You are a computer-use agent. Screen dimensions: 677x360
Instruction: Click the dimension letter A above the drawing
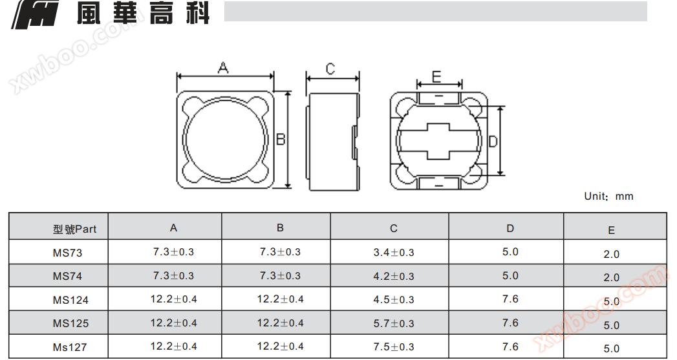click(x=223, y=67)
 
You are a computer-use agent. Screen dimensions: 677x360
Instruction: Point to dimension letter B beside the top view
click(x=281, y=139)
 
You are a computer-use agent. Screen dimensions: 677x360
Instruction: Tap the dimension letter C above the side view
click(x=330, y=69)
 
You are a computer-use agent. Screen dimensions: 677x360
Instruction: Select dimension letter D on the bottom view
click(x=493, y=141)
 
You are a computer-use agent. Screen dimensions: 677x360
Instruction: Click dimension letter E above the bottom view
click(x=436, y=77)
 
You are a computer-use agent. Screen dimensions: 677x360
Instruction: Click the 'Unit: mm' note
click(x=608, y=196)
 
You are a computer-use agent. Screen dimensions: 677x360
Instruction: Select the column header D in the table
click(x=510, y=228)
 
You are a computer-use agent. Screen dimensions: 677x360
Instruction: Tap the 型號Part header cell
click(x=75, y=229)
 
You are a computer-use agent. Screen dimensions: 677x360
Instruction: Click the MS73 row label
click(x=67, y=253)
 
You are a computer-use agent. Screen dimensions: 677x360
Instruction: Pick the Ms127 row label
click(x=70, y=347)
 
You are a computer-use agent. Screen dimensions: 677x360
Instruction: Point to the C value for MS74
click(x=393, y=276)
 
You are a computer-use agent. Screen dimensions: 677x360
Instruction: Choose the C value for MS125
click(x=393, y=323)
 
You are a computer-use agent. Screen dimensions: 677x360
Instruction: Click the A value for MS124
click(x=173, y=299)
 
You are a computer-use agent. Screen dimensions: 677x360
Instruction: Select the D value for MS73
click(x=510, y=251)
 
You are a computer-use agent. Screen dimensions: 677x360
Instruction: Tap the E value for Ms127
click(x=612, y=348)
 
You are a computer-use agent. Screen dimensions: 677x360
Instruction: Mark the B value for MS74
click(x=280, y=275)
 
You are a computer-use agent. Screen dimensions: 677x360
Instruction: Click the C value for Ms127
click(x=393, y=346)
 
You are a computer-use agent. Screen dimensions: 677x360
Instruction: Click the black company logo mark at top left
click(x=35, y=15)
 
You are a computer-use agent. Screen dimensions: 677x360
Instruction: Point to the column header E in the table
click(x=612, y=231)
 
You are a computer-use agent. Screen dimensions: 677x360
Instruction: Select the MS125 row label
click(x=70, y=323)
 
